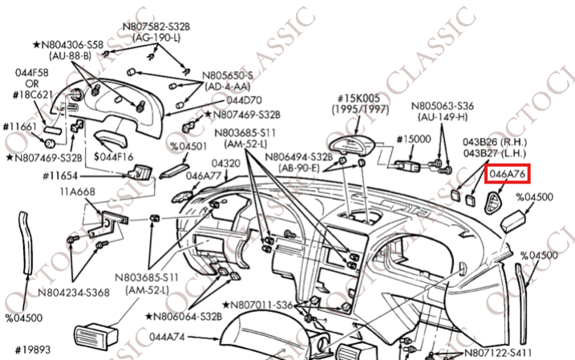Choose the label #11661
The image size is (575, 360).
18,126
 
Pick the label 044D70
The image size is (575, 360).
243,100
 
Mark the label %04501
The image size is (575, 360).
187,146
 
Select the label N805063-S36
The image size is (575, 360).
443,104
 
